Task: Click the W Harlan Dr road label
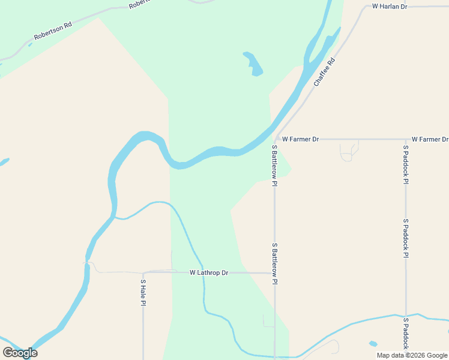tap(390, 7)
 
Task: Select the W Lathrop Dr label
tap(209, 273)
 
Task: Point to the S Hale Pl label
tap(143, 292)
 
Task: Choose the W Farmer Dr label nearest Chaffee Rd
tap(300, 139)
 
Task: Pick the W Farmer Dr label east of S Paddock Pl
tap(430, 139)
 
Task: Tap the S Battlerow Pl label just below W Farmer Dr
tap(274, 165)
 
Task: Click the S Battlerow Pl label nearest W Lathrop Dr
tap(274, 264)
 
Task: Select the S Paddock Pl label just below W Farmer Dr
tap(406, 164)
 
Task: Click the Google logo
tap(20, 353)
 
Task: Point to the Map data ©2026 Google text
tap(412, 355)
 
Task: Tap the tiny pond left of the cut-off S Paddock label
tap(373, 344)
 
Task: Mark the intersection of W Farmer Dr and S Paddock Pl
tap(406, 139)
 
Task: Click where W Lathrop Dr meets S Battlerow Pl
tap(274, 273)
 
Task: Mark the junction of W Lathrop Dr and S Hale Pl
tap(143, 273)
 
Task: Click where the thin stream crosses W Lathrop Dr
tap(202, 272)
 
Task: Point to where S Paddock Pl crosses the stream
tap(406, 315)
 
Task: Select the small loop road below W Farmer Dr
tap(349, 153)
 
